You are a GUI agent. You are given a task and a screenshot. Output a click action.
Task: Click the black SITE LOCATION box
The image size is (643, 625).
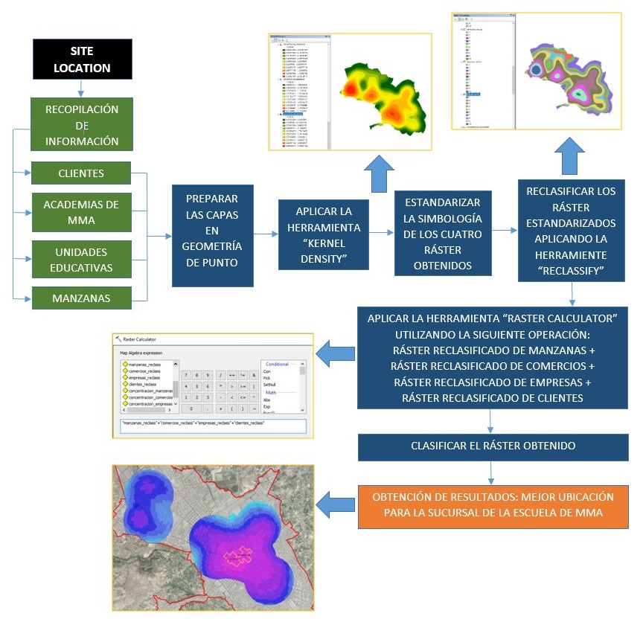pyautogui.click(x=81, y=59)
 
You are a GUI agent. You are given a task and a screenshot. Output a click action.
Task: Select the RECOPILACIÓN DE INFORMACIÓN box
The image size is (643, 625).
pyautogui.click(x=81, y=125)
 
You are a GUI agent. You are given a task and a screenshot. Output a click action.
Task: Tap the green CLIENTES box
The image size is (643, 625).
pyautogui.click(x=81, y=173)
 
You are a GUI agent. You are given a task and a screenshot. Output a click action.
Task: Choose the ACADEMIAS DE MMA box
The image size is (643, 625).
pyautogui.click(x=81, y=211)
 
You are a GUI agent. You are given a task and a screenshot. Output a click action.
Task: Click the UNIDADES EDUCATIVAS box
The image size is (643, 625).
pyautogui.click(x=81, y=260)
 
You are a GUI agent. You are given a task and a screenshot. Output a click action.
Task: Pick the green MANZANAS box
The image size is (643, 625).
pyautogui.click(x=81, y=298)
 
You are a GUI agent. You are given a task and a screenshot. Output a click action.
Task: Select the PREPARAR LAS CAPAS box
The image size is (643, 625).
pyautogui.click(x=212, y=235)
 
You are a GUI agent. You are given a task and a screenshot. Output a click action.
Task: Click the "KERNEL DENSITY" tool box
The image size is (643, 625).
pyautogui.click(x=323, y=234)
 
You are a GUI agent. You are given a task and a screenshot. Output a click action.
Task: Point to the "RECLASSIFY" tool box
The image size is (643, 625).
pyautogui.click(x=571, y=233)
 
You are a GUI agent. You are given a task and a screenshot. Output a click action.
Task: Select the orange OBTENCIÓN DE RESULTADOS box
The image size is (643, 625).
pyautogui.click(x=492, y=505)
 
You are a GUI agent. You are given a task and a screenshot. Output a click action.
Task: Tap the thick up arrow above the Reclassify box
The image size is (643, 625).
pyautogui.click(x=570, y=156)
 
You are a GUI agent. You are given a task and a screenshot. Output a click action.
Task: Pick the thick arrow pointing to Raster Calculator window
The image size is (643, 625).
pyautogui.click(x=335, y=350)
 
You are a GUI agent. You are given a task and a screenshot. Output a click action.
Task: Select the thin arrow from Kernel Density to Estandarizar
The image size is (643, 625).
pyautogui.click(x=383, y=233)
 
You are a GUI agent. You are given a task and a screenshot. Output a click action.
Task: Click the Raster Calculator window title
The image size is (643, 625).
pyautogui.click(x=146, y=339)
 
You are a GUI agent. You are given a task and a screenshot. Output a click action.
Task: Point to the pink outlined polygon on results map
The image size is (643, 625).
pyautogui.click(x=240, y=557)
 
